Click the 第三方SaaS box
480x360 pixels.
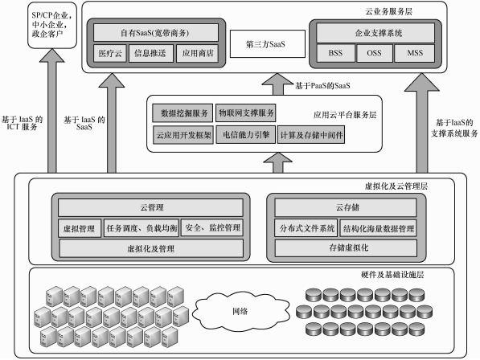pyautogui.click(x=265, y=45)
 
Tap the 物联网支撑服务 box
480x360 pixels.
pyautogui.click(x=245, y=113)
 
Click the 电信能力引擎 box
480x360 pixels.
pyautogui.click(x=245, y=135)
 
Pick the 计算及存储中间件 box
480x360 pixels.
pyautogui.click(x=311, y=135)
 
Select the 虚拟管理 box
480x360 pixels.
pyautogui.click(x=78, y=228)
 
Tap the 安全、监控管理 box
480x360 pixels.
pyautogui.click(x=211, y=228)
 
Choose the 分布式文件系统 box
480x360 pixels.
pyautogui.click(x=305, y=228)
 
